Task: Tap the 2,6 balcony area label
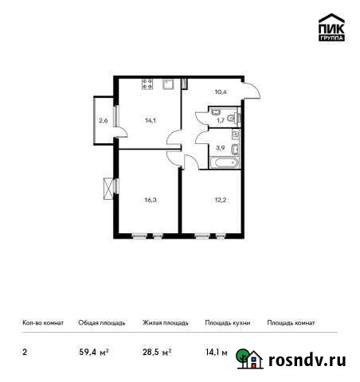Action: [x=103, y=121]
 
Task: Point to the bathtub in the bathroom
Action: [x=223, y=162]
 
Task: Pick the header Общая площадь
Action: [x=101, y=323]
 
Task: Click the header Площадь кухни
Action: [x=227, y=323]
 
